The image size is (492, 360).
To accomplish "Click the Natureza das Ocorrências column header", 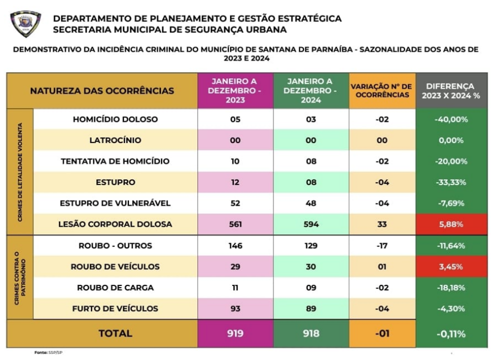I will coord(102,90).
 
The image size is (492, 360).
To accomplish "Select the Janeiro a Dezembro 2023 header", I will coord(235,90).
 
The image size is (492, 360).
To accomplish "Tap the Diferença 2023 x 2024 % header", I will coord(451,90).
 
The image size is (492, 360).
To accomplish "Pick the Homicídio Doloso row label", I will coord(115,119).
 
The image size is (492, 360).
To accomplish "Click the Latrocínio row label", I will coord(115,140).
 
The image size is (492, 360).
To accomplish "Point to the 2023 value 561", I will coord(235,224).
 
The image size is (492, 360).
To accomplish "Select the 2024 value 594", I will coord(310,224).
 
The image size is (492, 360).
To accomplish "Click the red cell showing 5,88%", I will coord(451,224).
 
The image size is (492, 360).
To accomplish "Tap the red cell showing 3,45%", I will coord(451,266).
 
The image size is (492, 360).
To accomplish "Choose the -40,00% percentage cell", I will coord(451,119).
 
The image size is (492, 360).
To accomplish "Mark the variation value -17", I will coord(382,245).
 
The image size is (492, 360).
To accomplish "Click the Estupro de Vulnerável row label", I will coord(115,203).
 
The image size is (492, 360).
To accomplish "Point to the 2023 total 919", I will coord(235,333).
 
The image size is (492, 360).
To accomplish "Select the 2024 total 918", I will coord(310,333).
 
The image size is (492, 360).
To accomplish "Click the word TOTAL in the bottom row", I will coord(115,333).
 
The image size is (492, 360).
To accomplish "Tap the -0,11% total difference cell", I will coord(451,333).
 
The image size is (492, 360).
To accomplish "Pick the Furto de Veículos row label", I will coord(115,308).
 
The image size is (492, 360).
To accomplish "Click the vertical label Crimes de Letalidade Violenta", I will coord(19,171).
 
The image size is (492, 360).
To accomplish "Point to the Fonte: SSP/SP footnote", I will coord(48,352).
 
